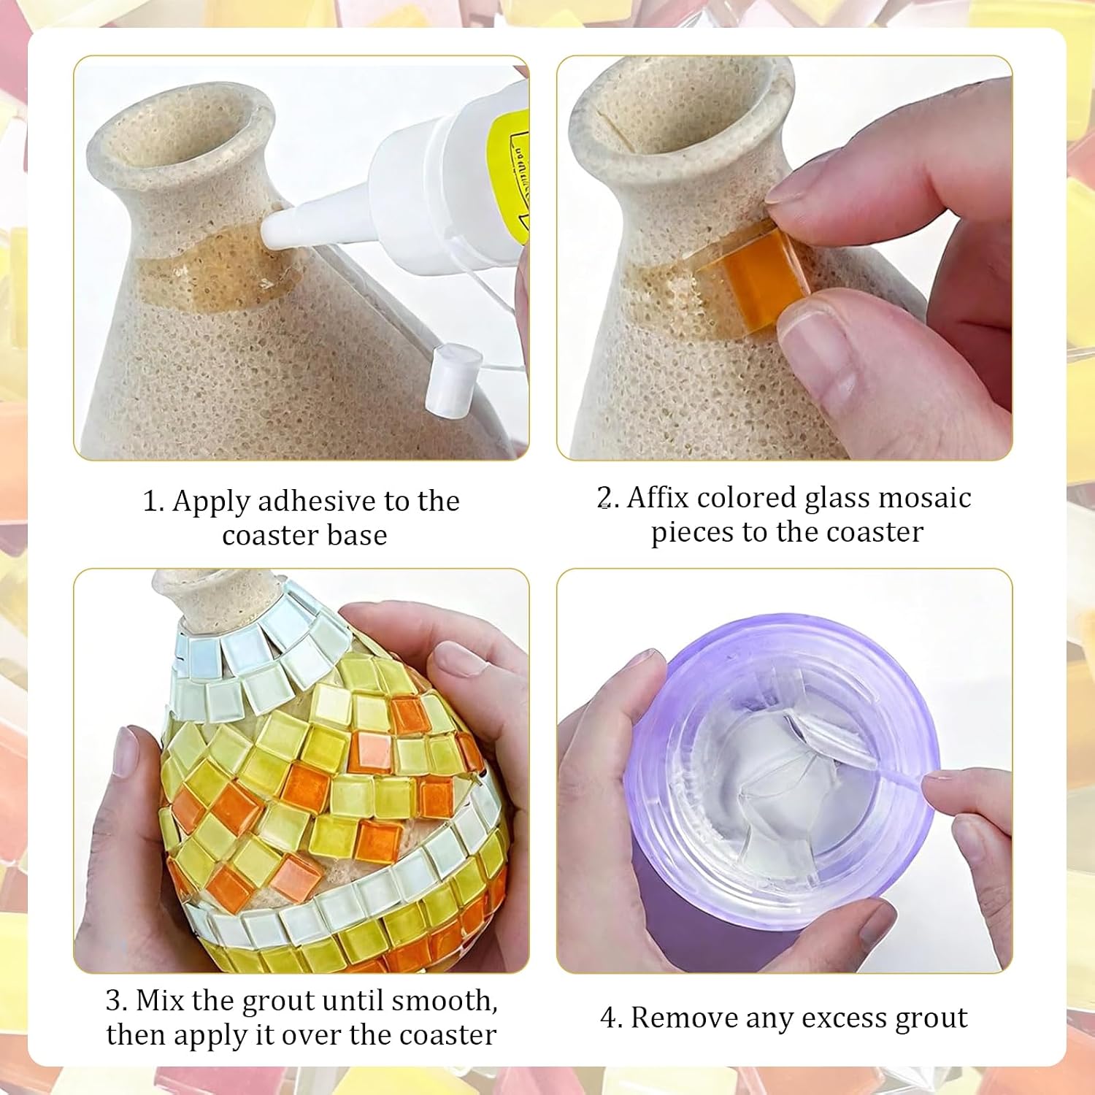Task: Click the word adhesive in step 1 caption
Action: click(x=316, y=502)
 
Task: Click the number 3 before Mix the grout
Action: click(x=114, y=1001)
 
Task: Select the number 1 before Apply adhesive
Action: click(x=150, y=502)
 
